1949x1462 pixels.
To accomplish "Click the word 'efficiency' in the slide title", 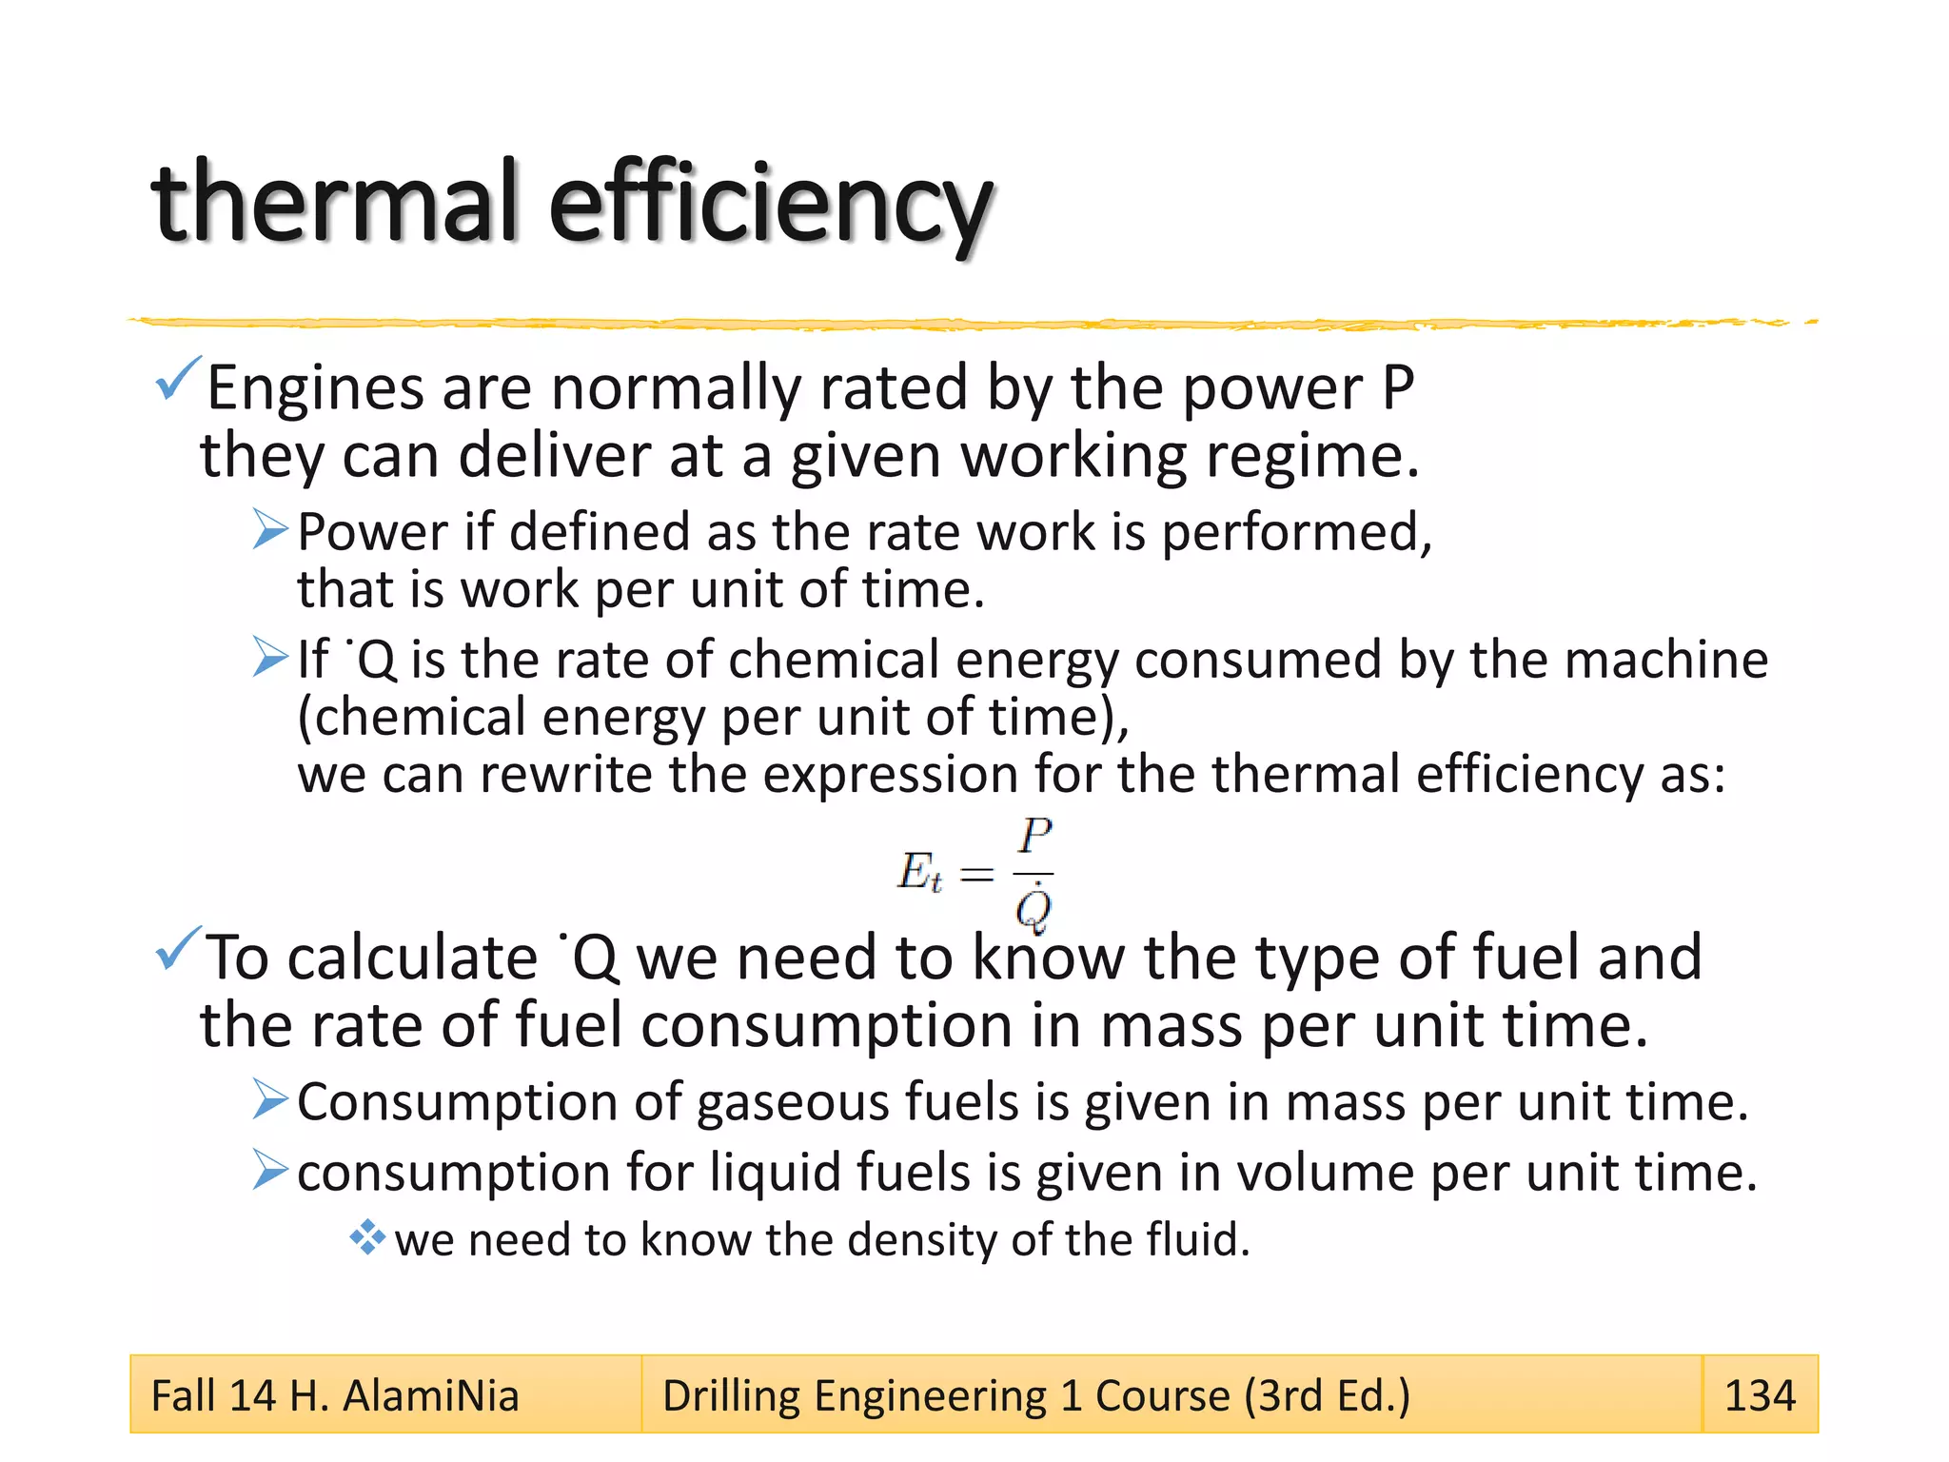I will point(771,205).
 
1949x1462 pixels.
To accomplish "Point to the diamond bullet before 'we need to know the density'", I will point(366,1238).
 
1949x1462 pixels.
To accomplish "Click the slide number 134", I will point(1760,1395).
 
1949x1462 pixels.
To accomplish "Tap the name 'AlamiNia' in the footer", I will point(430,1395).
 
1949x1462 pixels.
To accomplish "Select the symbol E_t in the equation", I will point(919,872).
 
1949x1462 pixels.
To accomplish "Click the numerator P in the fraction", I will point(1034,837).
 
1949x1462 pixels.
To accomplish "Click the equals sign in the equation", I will point(977,874).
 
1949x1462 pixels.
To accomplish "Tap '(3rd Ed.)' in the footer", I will point(1327,1395).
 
